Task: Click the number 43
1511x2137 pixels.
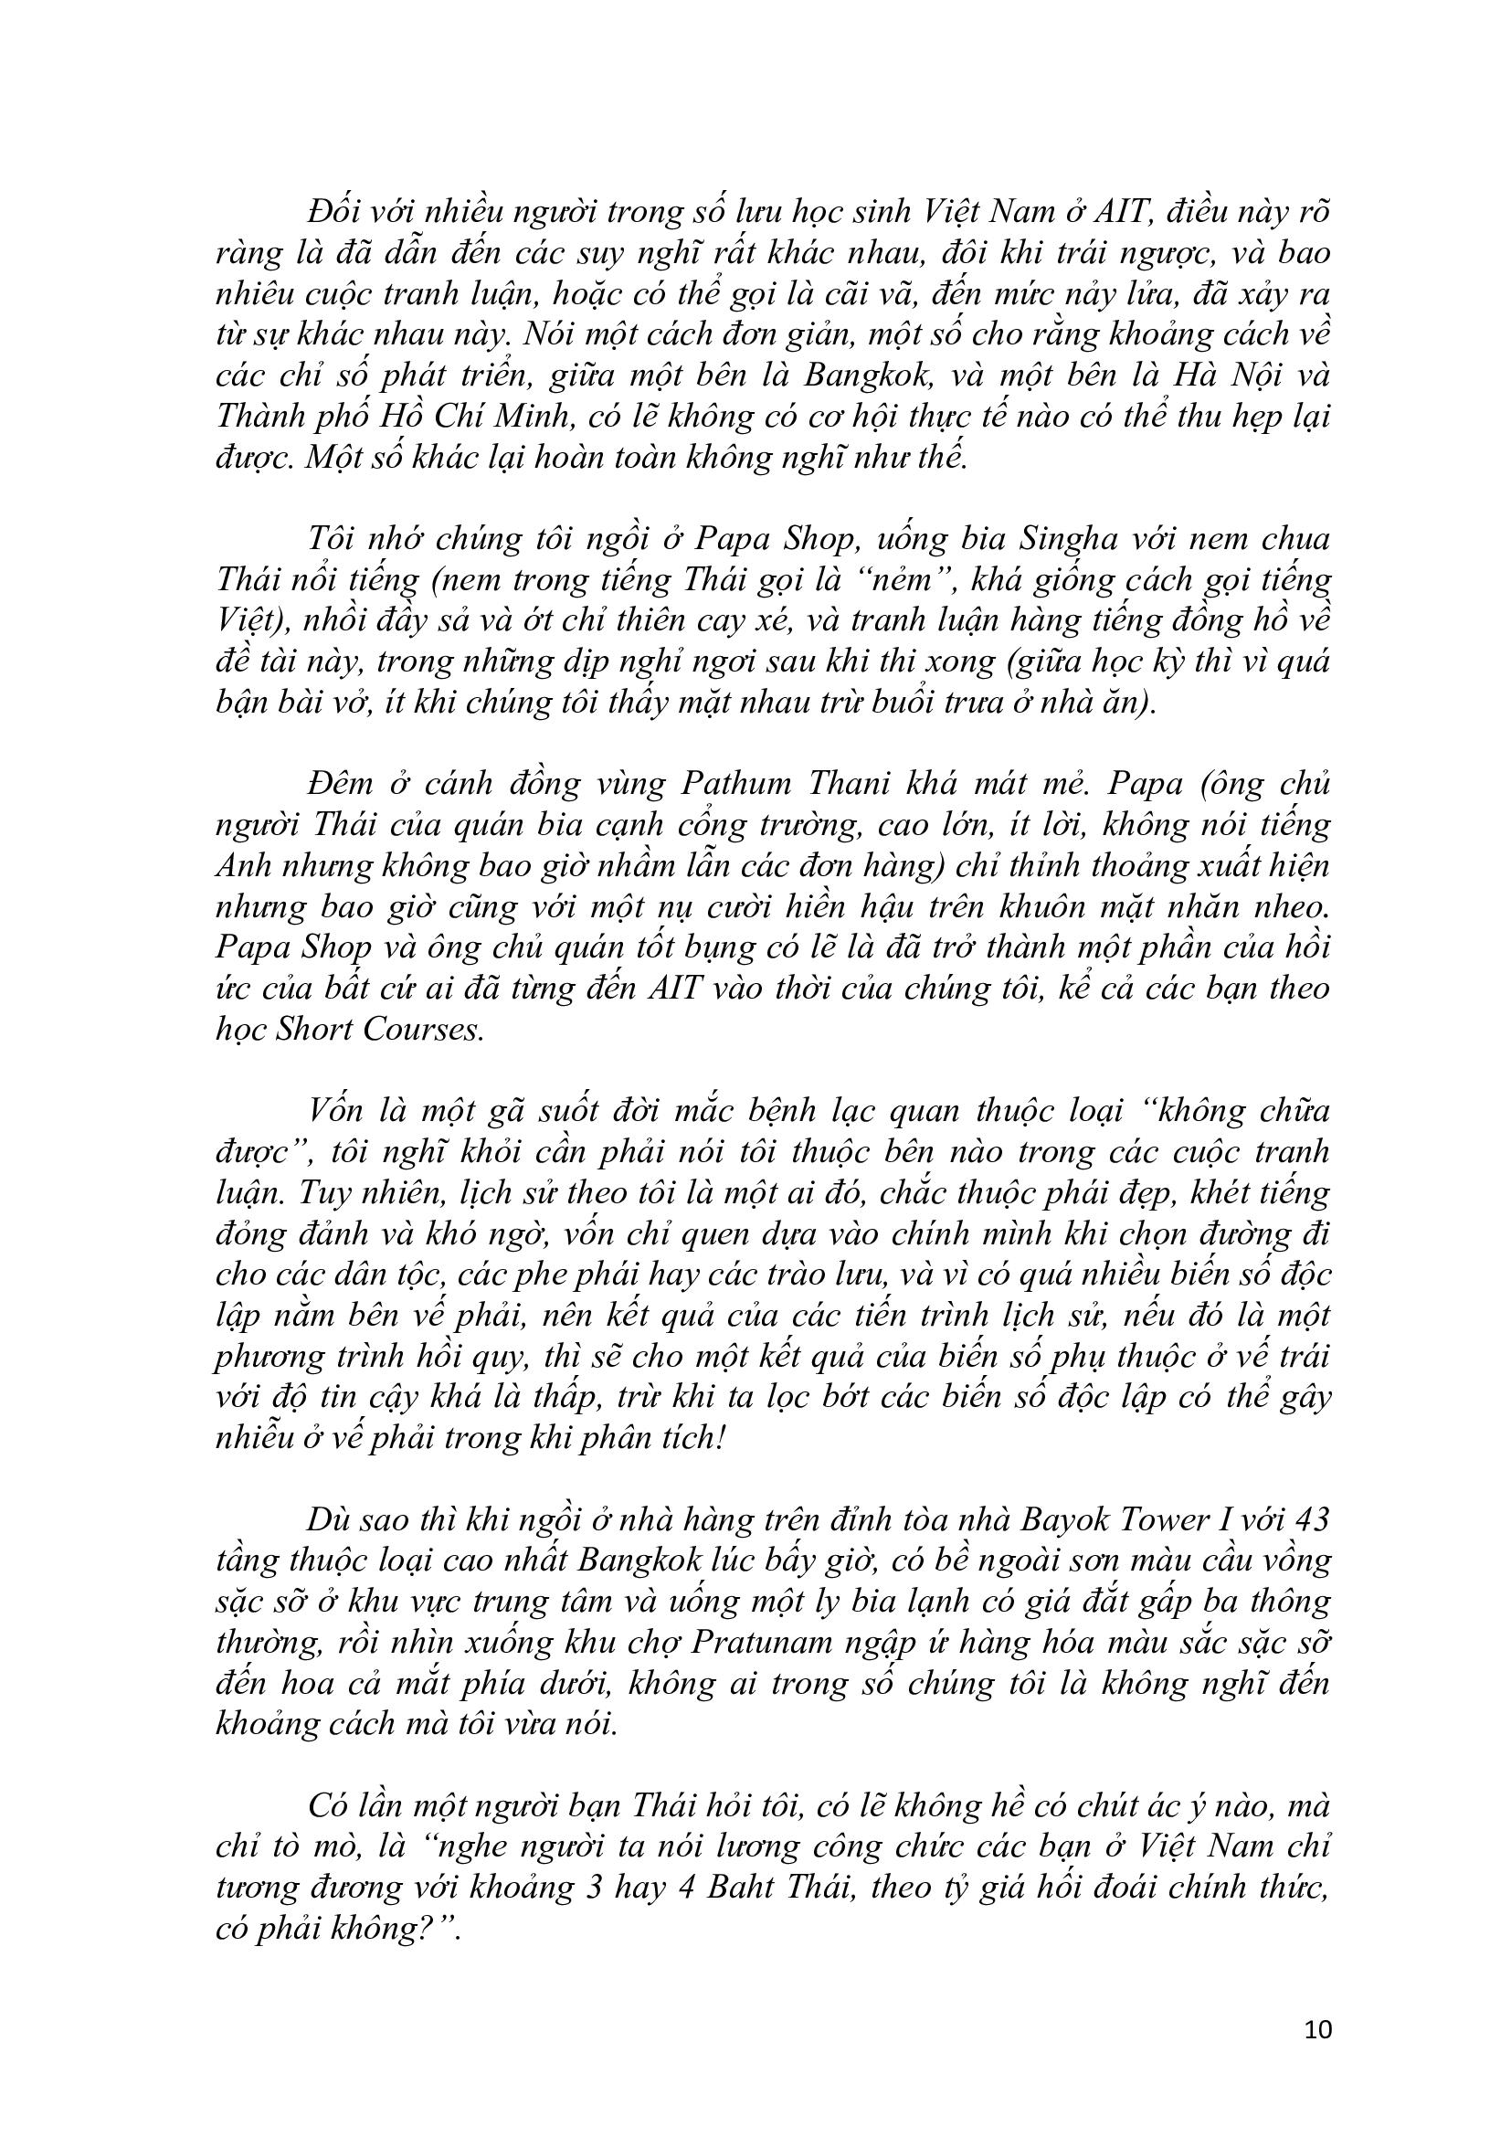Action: (x=1309, y=1521)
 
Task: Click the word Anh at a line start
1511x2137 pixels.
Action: (x=243, y=865)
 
